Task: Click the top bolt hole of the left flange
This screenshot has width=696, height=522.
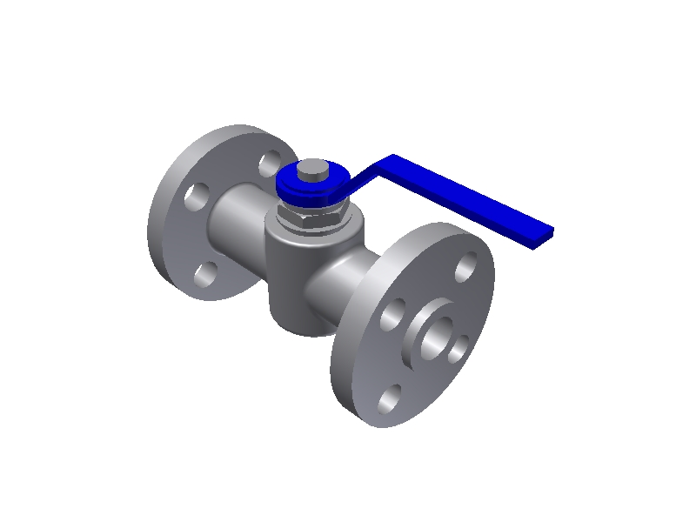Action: [x=271, y=161]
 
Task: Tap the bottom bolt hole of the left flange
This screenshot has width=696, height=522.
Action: [x=205, y=275]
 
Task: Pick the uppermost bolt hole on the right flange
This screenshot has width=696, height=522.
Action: [x=467, y=264]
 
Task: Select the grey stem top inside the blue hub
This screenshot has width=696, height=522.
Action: [x=314, y=171]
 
